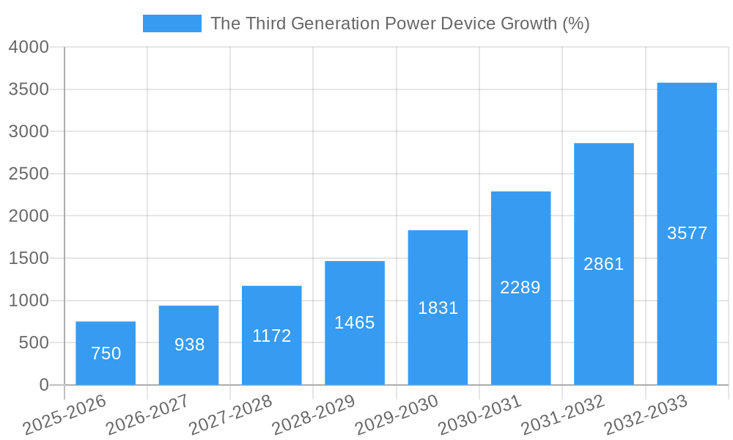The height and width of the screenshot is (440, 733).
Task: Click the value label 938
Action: tap(189, 345)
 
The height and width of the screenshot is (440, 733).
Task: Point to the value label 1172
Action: tap(272, 336)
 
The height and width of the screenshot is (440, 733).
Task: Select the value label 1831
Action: tap(438, 308)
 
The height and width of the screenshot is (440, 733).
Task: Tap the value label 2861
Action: tap(603, 264)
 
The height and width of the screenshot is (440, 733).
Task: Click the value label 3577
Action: tap(687, 233)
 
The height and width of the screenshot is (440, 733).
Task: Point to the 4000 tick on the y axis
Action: tap(29, 47)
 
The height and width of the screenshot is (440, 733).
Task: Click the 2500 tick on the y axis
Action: tap(29, 174)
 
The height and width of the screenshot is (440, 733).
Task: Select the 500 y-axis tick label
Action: tap(34, 342)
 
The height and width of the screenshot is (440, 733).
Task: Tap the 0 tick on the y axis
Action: tap(44, 385)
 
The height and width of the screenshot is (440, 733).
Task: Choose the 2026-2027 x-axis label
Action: tap(147, 415)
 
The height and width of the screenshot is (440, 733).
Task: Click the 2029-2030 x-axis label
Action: tap(397, 415)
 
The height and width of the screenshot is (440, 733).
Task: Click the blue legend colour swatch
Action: tap(172, 23)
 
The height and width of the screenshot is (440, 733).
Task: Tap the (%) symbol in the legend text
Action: tap(575, 23)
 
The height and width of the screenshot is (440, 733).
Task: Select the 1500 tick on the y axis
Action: tap(29, 258)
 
